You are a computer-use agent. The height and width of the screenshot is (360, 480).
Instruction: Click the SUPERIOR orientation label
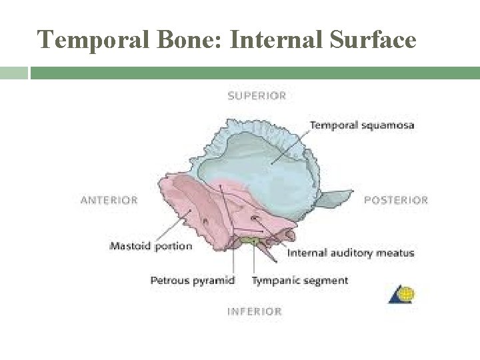tap(257, 95)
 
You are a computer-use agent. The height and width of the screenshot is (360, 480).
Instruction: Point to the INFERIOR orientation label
tap(255, 311)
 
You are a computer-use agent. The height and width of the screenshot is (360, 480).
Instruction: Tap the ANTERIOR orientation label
tap(109, 199)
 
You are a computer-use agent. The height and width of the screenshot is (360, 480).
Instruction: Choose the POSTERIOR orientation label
tap(396, 199)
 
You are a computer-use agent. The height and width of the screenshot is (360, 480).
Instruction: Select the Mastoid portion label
tap(151, 246)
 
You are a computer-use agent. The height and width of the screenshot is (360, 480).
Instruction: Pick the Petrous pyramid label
tap(193, 280)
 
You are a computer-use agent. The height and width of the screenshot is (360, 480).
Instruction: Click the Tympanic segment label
tap(300, 280)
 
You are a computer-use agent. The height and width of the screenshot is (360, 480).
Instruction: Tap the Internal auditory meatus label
tap(351, 253)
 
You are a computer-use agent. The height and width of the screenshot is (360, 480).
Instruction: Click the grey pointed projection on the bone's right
tap(337, 197)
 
